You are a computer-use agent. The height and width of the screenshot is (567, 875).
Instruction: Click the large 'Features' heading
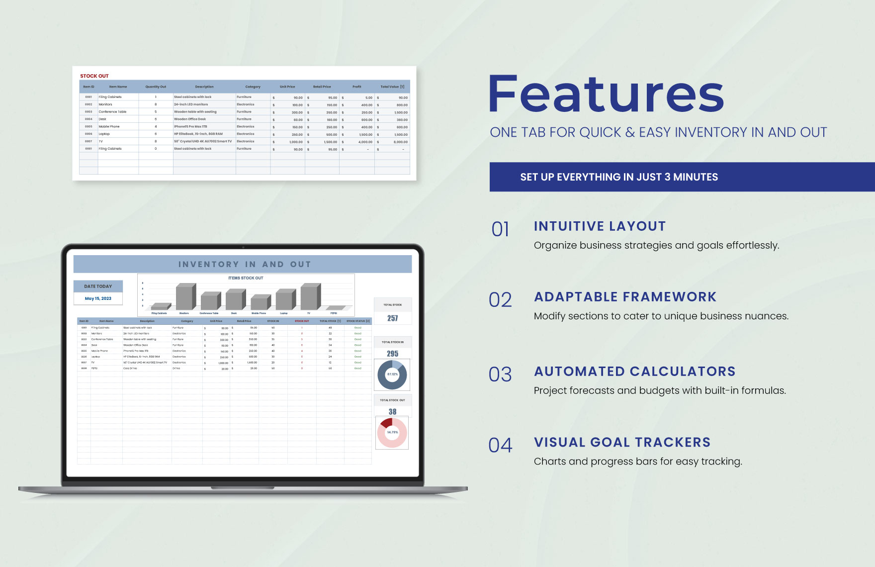606,94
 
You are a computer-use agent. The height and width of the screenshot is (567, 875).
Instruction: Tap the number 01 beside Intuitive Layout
500,229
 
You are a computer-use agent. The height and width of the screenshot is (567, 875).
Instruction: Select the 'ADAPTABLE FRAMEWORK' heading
625,297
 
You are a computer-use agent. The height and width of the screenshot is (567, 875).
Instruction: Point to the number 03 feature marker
500,375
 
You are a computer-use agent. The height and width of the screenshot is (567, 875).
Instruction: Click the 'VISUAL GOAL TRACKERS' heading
622,442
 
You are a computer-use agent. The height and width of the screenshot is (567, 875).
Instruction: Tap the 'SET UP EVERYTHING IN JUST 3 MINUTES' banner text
619,177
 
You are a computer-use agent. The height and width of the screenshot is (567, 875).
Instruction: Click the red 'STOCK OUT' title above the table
94,76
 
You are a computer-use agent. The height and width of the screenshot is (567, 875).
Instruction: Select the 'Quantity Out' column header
156,87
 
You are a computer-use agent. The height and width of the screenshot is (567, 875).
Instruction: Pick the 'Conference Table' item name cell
112,112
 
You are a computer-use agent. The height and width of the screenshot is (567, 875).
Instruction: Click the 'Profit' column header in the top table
357,87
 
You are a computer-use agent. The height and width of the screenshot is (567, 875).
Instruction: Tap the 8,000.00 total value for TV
400,142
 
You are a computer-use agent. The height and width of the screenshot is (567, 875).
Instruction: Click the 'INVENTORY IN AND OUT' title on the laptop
245,265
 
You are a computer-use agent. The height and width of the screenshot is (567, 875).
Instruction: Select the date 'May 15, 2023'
98,298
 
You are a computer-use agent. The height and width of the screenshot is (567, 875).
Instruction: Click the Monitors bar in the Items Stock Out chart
185,297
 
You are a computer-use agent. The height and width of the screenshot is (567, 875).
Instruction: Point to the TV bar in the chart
310,297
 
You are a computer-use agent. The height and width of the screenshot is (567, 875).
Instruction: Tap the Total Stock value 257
393,318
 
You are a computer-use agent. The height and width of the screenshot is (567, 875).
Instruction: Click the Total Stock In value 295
393,354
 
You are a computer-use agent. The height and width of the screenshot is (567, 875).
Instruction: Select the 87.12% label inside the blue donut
392,375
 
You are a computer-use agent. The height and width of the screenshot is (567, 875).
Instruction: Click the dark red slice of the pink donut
386,423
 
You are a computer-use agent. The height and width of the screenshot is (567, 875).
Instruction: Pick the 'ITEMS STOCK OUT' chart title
246,278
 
